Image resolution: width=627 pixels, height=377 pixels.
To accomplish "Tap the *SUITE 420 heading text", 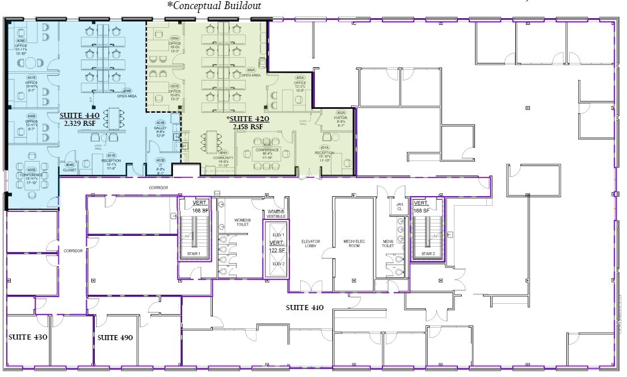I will point(248,119).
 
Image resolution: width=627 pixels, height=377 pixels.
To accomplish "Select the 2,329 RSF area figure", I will point(77,122).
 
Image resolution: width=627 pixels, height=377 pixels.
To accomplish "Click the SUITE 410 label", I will point(304,308).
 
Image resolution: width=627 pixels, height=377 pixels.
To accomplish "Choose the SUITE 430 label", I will point(27,337).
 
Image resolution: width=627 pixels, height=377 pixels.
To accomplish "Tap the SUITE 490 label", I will point(115,337).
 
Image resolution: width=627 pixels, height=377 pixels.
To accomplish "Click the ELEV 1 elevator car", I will point(278,234).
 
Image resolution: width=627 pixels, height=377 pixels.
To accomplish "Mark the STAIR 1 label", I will point(194,254).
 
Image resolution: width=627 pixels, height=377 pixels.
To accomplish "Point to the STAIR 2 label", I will point(428,254).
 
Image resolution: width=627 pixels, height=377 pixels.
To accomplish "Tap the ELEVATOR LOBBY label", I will point(310,244).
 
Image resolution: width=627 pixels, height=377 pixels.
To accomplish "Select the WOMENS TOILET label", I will point(242,222).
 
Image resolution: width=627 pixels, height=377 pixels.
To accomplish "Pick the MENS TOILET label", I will point(388,244).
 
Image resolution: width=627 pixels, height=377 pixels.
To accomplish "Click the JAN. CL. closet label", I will point(399,207).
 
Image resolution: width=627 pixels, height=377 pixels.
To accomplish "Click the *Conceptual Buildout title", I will point(214,6).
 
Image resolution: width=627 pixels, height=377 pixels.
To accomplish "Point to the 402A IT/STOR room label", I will point(340,117).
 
